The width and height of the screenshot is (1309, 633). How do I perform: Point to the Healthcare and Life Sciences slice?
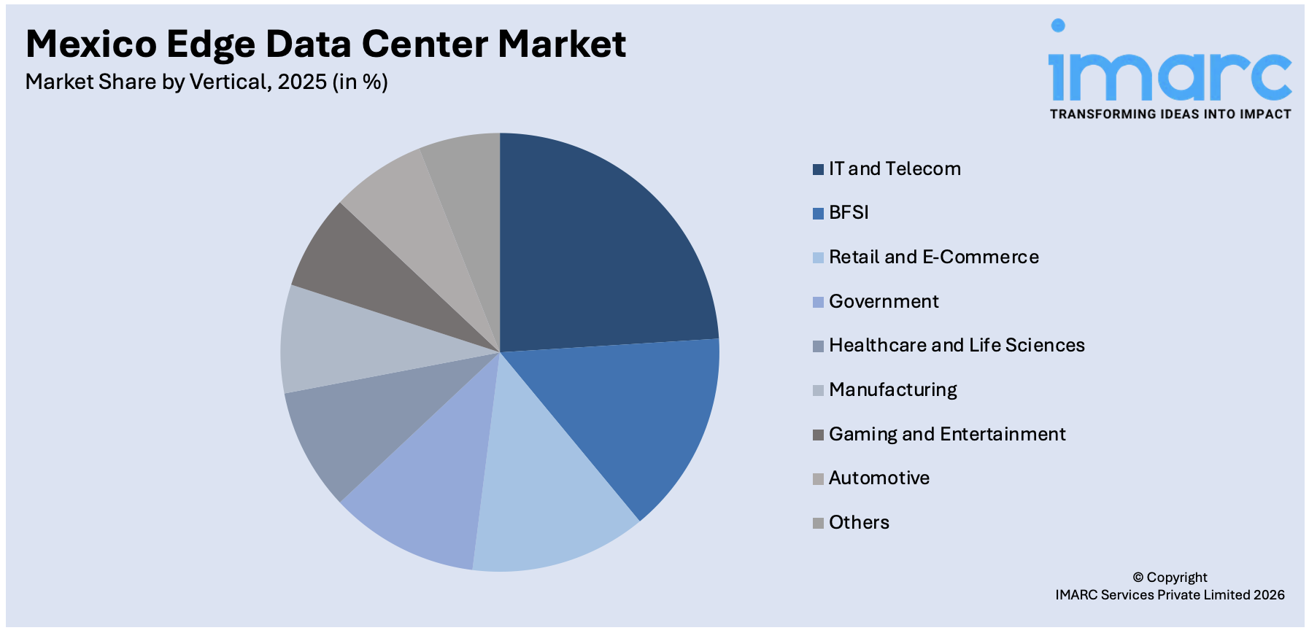pyautogui.click(x=358, y=430)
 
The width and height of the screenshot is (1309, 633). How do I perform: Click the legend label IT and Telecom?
pyautogui.click(x=895, y=169)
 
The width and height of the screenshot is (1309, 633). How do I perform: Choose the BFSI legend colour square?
pyautogui.click(x=818, y=214)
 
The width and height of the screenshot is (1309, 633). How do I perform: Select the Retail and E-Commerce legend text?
pyautogui.click(x=933, y=257)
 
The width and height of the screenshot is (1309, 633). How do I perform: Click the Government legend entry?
pyautogui.click(x=883, y=302)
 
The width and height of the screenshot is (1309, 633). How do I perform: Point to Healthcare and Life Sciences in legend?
pyautogui.click(x=956, y=346)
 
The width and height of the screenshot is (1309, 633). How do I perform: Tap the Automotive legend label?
pyautogui.click(x=879, y=478)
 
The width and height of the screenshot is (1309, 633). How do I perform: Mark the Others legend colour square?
pyautogui.click(x=818, y=523)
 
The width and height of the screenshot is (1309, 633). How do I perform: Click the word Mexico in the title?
pyautogui.click(x=91, y=44)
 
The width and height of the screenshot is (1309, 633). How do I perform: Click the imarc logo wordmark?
pyautogui.click(x=1170, y=73)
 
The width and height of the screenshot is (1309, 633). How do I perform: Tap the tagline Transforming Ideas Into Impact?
pyautogui.click(x=1170, y=114)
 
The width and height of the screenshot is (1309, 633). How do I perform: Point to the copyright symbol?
pyautogui.click(x=1138, y=578)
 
